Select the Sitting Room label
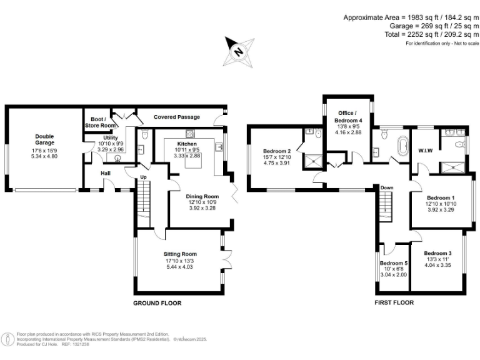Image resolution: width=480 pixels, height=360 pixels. [180, 254]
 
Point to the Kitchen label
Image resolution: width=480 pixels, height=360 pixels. [187, 144]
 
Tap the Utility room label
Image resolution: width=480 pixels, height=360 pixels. [111, 137]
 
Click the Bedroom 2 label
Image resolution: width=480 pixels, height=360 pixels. [277, 151]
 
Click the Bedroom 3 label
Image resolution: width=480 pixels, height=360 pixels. [437, 253]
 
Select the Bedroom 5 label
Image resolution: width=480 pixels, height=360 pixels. [394, 263]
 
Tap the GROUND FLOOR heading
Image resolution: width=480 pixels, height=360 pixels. [157, 302]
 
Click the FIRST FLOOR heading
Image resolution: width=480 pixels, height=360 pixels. [394, 302]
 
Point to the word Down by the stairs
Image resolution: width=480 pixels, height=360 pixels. [387, 187]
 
